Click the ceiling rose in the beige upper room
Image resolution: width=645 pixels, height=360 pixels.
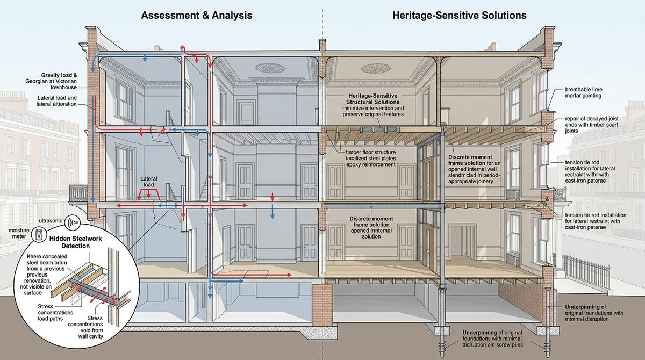376,68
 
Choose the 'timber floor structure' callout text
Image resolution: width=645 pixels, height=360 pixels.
371,159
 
